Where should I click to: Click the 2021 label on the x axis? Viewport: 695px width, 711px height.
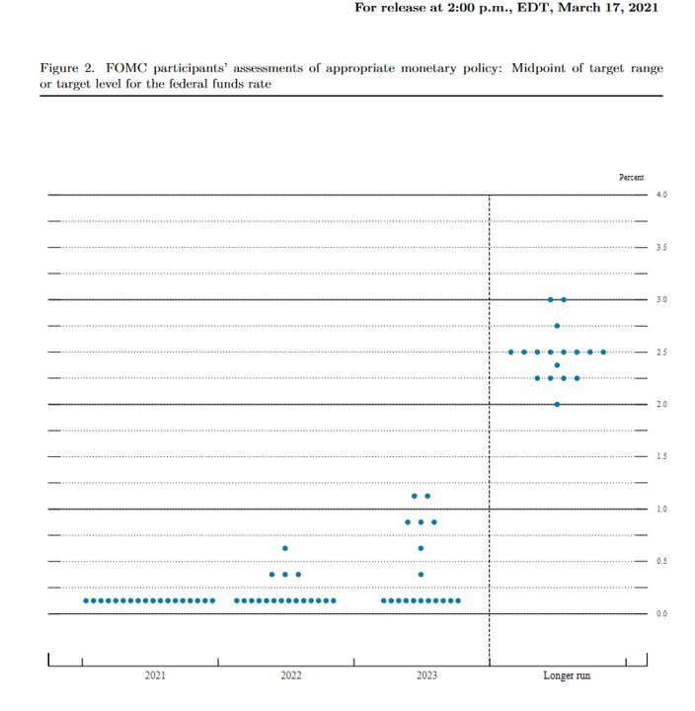(x=155, y=676)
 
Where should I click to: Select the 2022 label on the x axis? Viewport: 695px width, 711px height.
(x=291, y=676)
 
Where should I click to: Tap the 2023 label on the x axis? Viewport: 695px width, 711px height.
(x=426, y=676)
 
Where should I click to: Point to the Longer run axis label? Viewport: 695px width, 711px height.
(x=568, y=676)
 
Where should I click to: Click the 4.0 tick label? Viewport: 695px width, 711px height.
(x=661, y=196)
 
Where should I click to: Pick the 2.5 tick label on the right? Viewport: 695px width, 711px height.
(x=661, y=353)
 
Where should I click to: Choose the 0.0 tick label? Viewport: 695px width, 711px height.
(x=661, y=614)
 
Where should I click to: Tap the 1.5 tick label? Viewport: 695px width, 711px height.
(x=661, y=457)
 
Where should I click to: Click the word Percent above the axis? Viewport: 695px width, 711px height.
(x=631, y=178)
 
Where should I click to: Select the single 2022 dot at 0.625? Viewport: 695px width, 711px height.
(x=285, y=548)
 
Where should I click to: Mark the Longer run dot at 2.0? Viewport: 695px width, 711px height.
(x=557, y=404)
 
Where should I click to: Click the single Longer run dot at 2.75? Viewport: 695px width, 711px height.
(x=557, y=326)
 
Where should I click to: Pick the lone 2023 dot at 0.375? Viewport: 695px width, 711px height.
(x=421, y=575)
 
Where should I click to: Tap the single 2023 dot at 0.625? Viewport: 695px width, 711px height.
(x=421, y=548)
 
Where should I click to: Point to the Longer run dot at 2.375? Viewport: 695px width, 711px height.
(x=557, y=365)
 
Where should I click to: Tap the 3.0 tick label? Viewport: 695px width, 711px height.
(x=661, y=300)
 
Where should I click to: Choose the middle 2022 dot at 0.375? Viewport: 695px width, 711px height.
(x=285, y=575)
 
